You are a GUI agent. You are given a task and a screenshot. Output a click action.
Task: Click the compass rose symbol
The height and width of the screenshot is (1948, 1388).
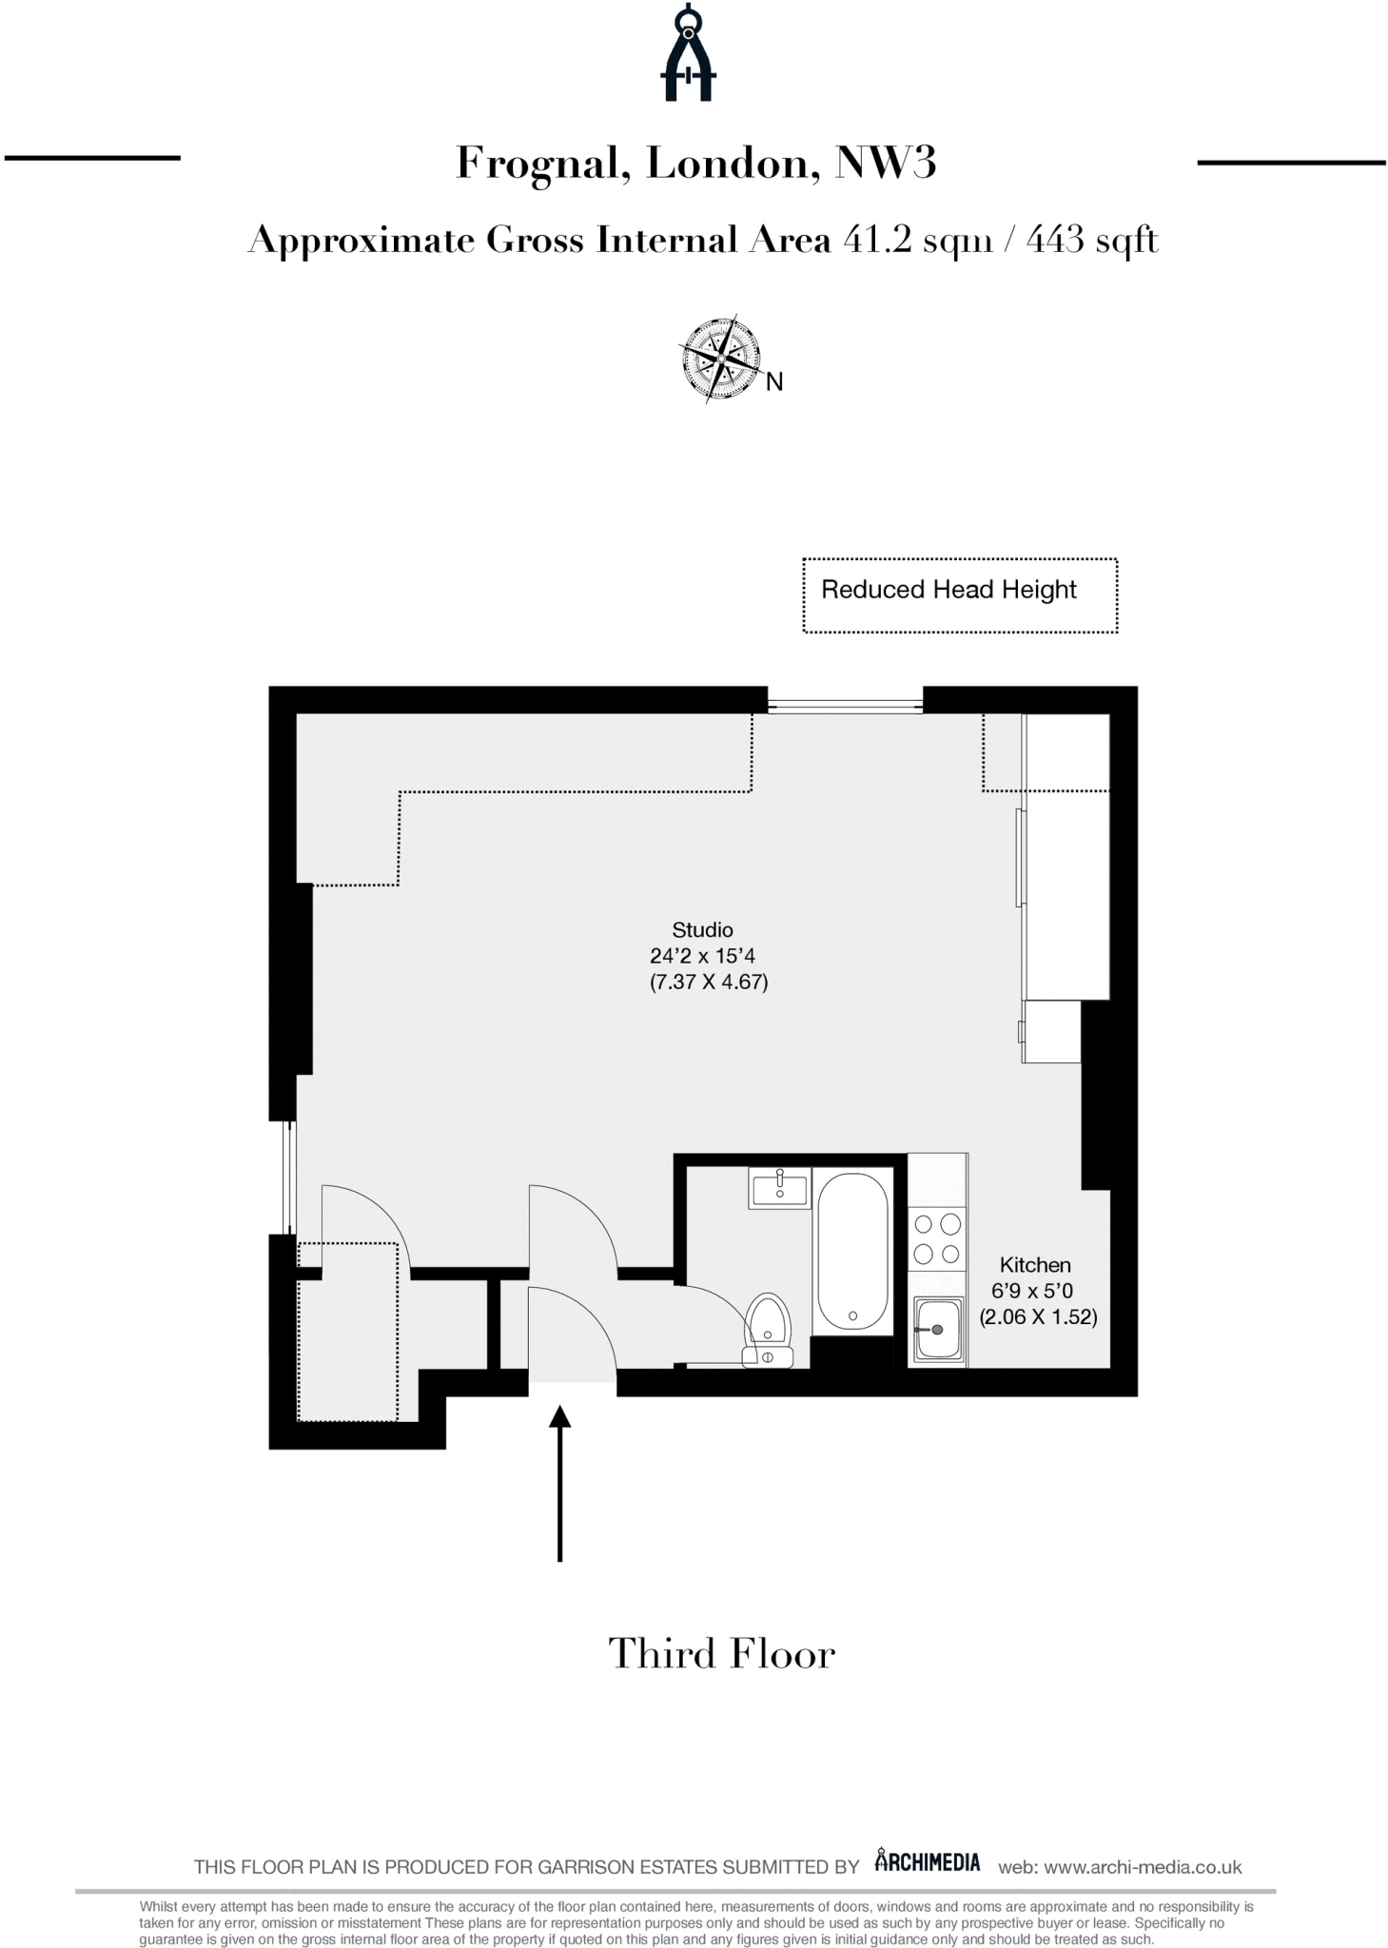pyautogui.click(x=721, y=359)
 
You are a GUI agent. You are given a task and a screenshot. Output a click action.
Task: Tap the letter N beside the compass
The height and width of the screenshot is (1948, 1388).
pyautogui.click(x=774, y=382)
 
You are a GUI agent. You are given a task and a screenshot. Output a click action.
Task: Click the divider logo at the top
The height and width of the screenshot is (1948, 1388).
pyautogui.click(x=688, y=54)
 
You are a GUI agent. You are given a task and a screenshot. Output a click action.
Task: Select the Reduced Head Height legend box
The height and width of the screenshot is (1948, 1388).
pyautogui.click(x=959, y=595)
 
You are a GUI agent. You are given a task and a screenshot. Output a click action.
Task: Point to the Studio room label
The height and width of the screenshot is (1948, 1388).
pyautogui.click(x=702, y=930)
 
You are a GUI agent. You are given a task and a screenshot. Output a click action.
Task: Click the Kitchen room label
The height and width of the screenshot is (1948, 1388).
pyautogui.click(x=1035, y=1265)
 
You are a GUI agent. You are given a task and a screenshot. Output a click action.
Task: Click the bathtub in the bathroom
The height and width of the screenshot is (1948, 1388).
pyautogui.click(x=852, y=1251)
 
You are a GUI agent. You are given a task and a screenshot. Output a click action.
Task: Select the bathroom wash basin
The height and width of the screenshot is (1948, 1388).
pyautogui.click(x=779, y=1189)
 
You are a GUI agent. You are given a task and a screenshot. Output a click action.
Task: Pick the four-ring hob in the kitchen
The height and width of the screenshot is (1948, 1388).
pyautogui.click(x=937, y=1239)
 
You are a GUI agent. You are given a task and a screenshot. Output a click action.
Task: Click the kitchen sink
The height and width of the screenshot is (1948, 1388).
pyautogui.click(x=937, y=1329)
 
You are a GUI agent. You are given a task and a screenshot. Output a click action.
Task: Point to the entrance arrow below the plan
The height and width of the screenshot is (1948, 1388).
pyautogui.click(x=559, y=1484)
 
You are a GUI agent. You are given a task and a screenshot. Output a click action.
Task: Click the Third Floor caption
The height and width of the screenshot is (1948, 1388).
pyautogui.click(x=721, y=1654)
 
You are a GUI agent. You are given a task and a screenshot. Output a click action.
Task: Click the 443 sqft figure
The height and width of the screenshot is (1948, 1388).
pyautogui.click(x=1092, y=240)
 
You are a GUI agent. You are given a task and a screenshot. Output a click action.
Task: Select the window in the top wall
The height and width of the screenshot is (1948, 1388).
pyautogui.click(x=845, y=705)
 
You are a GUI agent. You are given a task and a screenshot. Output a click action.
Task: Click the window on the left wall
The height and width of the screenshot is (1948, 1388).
pyautogui.click(x=290, y=1177)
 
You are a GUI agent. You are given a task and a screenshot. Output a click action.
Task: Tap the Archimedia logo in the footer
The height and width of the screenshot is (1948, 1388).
pyautogui.click(x=927, y=1861)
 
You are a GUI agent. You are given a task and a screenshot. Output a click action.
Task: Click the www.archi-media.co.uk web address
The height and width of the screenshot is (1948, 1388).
pyautogui.click(x=1143, y=1867)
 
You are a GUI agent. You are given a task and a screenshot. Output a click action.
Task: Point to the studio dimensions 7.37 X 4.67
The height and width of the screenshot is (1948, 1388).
pyautogui.click(x=709, y=982)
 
